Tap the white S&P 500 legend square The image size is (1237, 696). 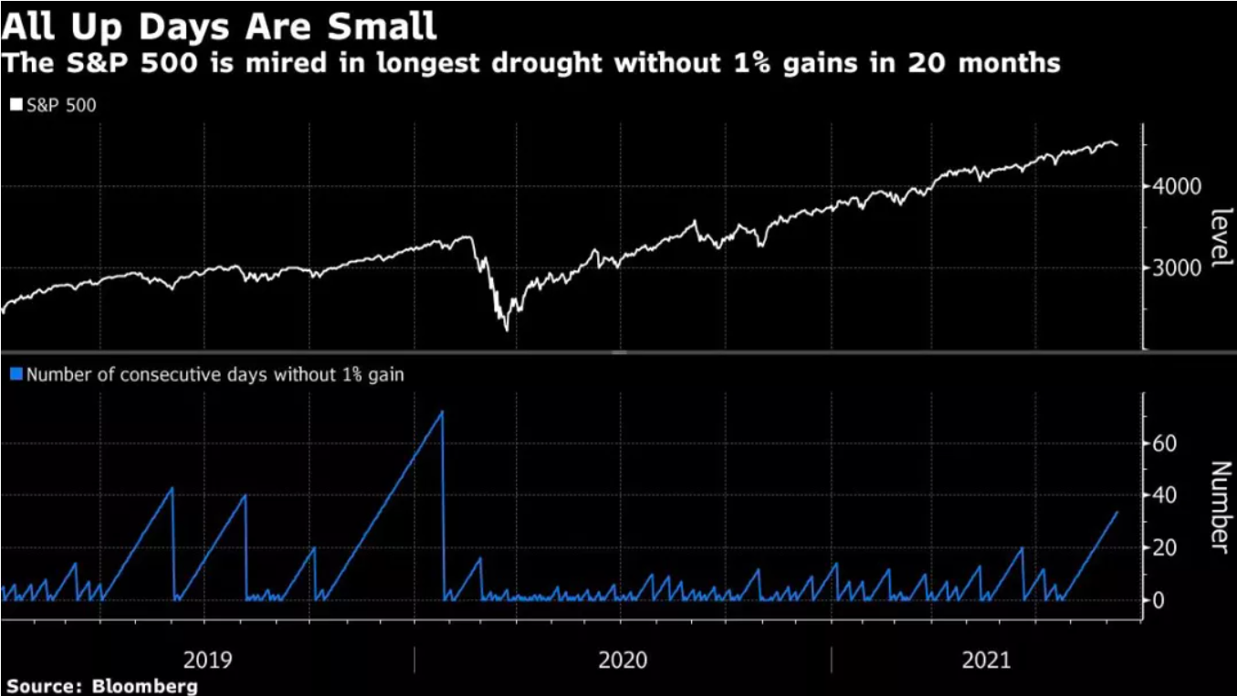click(16, 105)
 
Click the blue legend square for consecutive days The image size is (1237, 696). click(16, 374)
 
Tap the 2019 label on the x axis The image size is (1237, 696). click(207, 659)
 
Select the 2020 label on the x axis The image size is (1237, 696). click(623, 659)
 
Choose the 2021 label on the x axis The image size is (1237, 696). click(987, 659)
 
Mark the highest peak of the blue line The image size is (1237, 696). click(442, 412)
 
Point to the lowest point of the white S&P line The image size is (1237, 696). click(507, 330)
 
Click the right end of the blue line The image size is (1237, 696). click(1117, 512)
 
